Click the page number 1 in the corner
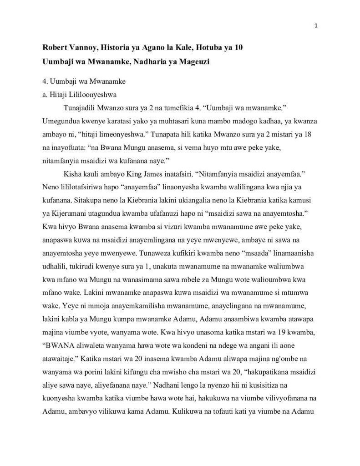[316, 25]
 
